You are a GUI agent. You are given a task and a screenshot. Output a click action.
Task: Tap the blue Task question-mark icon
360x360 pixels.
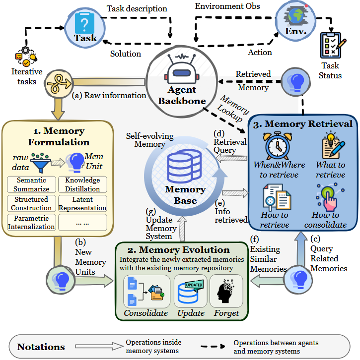(x=85, y=22)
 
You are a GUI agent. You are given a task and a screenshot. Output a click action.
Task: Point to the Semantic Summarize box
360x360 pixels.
(x=31, y=184)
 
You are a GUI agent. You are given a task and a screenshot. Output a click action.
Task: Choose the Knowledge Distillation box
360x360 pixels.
(x=82, y=184)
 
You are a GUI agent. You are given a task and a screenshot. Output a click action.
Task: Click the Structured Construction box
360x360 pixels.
(x=31, y=204)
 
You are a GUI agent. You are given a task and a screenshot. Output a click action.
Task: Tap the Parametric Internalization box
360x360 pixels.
(x=31, y=223)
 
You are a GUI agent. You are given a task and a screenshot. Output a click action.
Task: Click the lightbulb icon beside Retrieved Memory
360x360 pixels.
(x=296, y=81)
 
